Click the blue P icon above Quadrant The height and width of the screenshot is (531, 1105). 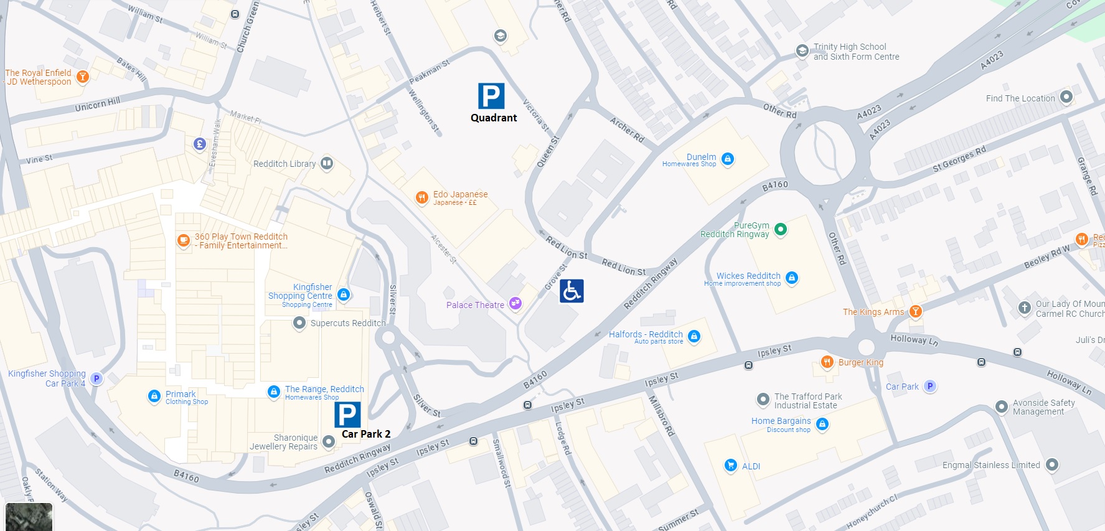[x=491, y=96]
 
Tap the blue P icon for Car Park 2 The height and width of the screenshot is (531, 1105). [x=347, y=415]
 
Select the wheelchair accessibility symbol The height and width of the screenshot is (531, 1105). [x=571, y=291]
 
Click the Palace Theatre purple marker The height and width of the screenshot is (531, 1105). [x=515, y=303]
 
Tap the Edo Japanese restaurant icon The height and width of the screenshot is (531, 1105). [x=422, y=198]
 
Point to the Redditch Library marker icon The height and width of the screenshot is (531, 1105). [x=327, y=164]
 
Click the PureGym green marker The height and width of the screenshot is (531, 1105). [x=780, y=229]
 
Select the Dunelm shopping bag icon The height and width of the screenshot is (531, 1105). [x=727, y=159]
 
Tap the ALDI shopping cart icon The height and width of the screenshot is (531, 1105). [x=731, y=465]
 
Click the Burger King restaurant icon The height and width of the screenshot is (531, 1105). [x=827, y=362]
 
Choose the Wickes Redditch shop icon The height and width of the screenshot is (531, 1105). [x=792, y=278]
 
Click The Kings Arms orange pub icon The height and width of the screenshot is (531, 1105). [x=915, y=311]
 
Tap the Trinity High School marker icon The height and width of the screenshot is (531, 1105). [x=802, y=51]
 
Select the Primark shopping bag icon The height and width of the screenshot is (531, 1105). [x=154, y=396]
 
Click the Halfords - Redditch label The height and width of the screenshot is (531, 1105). [x=646, y=334]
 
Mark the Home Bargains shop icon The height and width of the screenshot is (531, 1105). [x=822, y=425]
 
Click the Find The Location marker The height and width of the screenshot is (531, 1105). [x=1066, y=96]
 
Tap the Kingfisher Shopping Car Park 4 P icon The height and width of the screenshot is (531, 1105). [x=96, y=378]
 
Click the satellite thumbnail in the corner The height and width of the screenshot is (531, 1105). [x=29, y=517]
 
